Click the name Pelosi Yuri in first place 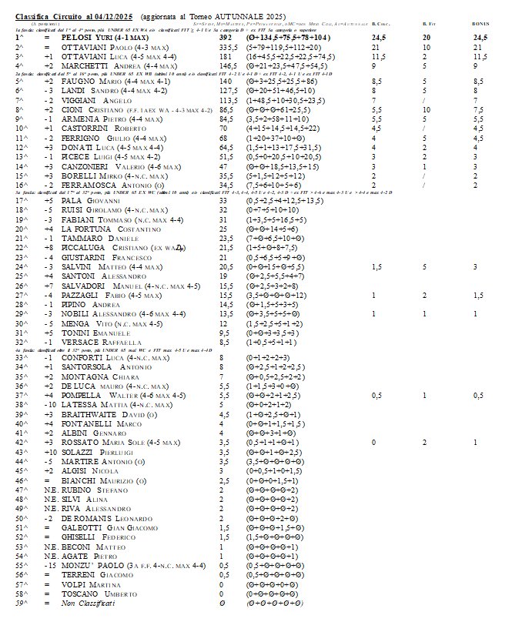click(88, 36)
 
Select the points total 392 click(226, 36)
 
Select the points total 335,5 click(229, 48)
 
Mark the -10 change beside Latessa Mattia click(49, 403)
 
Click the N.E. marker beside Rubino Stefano click(49, 489)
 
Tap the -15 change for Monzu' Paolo click(49, 565)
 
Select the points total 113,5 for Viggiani click(228, 100)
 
